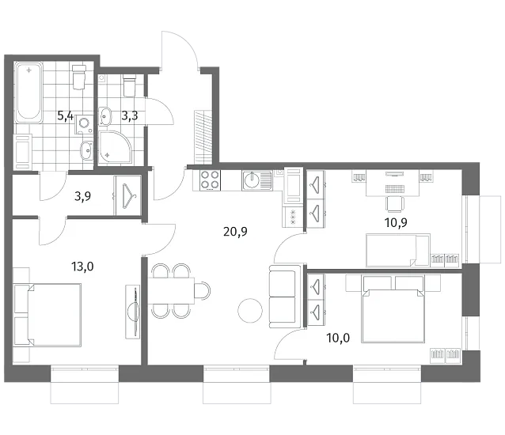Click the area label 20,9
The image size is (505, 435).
pyautogui.click(x=235, y=231)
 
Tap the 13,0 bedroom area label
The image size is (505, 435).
pyautogui.click(x=82, y=267)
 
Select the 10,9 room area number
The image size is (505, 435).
pyautogui.click(x=396, y=222)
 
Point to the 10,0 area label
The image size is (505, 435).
pyautogui.click(x=338, y=338)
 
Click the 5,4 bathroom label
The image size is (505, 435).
pyautogui.click(x=66, y=115)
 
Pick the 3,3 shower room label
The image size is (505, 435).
pyautogui.click(x=130, y=115)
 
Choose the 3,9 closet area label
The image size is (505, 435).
pyautogui.click(x=82, y=196)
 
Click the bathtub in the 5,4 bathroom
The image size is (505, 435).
pyautogui.click(x=29, y=93)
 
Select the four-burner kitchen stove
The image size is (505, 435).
pyautogui.click(x=210, y=180)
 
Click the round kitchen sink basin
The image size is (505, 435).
pyautogui.click(x=252, y=180)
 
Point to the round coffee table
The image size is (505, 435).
pyautogui.click(x=250, y=311)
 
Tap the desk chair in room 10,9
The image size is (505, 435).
pyautogui.click(x=396, y=204)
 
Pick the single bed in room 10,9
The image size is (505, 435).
pyautogui.click(x=398, y=250)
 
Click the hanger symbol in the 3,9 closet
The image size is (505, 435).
pyautogui.click(x=128, y=195)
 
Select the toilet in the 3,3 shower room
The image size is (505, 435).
pyautogui.click(x=129, y=86)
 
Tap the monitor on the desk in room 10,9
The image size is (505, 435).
pyautogui.click(x=395, y=174)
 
